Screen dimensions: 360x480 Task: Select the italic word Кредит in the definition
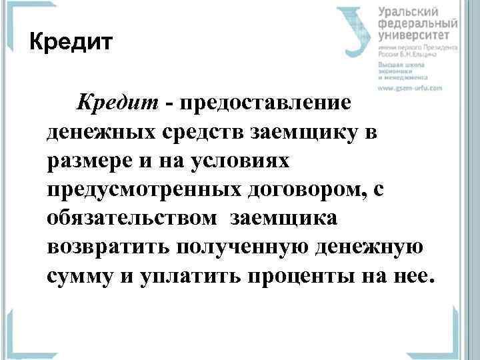[x=117, y=102]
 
